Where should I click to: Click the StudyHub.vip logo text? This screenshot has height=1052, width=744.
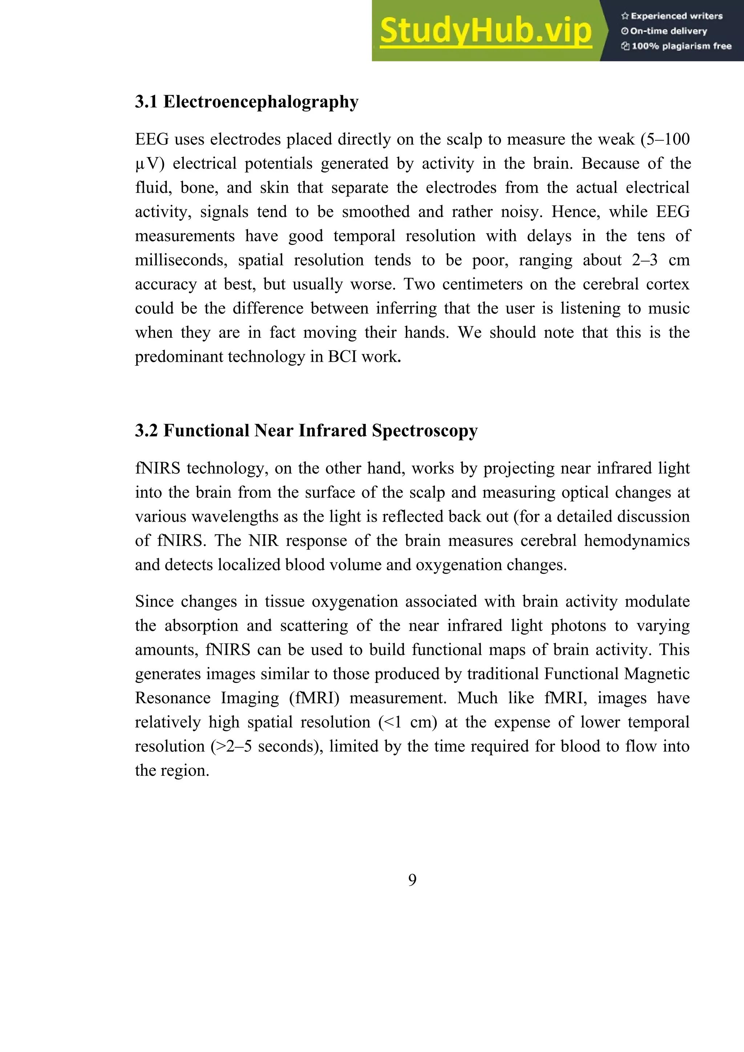coord(486,31)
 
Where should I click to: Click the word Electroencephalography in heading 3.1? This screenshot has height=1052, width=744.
coord(261,102)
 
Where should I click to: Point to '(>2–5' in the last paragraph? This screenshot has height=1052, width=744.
coord(231,746)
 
